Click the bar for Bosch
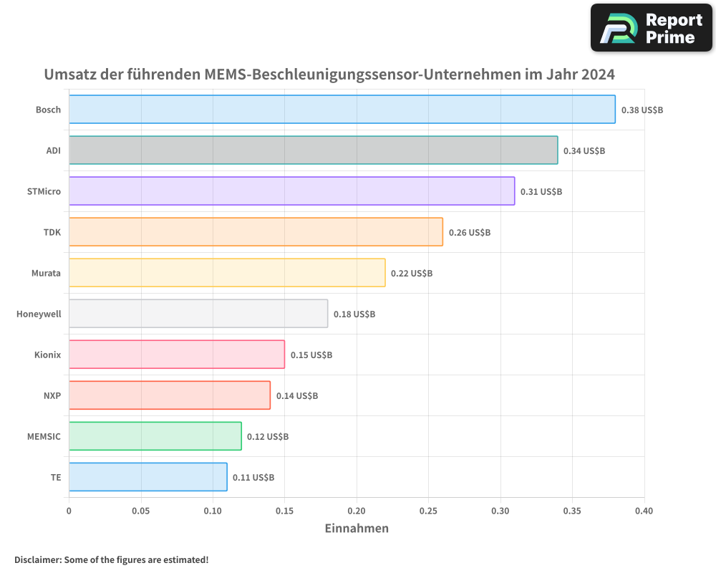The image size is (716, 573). point(342,110)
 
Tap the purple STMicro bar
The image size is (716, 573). point(292,191)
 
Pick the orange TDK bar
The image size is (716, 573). point(256,232)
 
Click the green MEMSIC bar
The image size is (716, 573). point(155,436)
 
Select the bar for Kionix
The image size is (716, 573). point(177,355)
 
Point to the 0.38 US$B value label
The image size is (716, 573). point(642,110)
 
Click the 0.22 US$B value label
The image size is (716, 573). point(412,274)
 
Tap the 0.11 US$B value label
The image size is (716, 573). point(253,478)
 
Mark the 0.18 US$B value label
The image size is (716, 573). point(354,314)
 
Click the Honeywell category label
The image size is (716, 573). point(39,314)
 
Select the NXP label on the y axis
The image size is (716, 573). point(52,395)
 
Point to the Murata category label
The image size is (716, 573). point(46,273)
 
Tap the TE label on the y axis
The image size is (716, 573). point(55,477)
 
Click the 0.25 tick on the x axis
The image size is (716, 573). point(428,511)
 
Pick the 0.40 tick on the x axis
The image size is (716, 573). point(644,511)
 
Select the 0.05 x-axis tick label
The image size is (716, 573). point(141,511)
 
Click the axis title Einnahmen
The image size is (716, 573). point(357,529)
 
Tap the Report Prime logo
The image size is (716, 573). point(651,28)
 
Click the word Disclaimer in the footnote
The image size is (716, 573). point(37,560)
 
